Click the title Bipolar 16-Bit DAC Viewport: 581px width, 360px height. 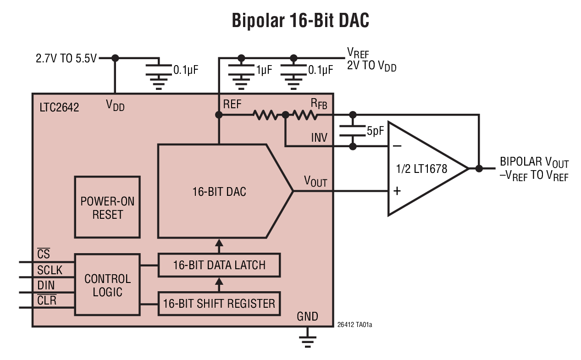pos(300,21)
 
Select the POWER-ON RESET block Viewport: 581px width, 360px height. pos(107,207)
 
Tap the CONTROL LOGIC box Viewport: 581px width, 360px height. pos(107,285)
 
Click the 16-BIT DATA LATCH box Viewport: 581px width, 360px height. pos(219,265)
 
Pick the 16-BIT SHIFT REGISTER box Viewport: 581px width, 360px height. pos(219,303)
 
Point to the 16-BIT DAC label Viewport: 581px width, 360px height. pos(219,191)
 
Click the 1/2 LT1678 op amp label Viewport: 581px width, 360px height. pos(421,169)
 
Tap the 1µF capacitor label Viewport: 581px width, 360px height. pos(264,70)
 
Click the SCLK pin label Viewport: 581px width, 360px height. pos(50,270)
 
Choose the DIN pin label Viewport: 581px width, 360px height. pos(46,285)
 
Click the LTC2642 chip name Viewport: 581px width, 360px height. pos(59,107)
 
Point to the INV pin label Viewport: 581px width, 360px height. pos(319,138)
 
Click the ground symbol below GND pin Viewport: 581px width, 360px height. pos(307,340)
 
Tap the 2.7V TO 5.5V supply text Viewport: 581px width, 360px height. pos(66,59)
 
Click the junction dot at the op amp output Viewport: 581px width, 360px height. pos(479,168)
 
